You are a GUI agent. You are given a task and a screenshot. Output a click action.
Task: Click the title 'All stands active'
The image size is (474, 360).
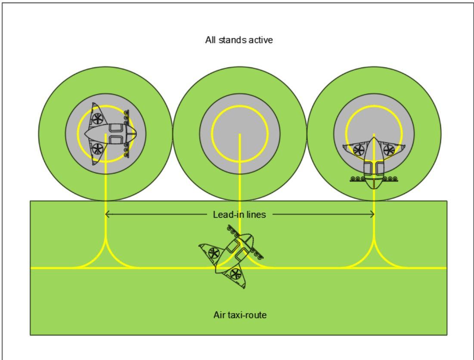[x=239, y=40]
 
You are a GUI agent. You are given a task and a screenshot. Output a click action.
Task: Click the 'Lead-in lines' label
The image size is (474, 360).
[x=239, y=215]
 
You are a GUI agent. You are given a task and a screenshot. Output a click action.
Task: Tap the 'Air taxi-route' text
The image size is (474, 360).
[x=240, y=315]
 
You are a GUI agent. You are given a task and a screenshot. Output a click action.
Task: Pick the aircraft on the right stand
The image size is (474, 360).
[x=374, y=163]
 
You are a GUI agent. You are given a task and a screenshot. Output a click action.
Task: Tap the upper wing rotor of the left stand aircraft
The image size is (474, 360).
[x=97, y=119]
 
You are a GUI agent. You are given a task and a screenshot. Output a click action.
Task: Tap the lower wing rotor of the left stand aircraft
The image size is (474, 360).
[x=97, y=149]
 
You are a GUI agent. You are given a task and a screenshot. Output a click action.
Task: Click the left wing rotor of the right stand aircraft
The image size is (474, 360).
[x=359, y=150]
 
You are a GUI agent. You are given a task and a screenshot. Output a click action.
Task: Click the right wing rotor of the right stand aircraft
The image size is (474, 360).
[x=389, y=150]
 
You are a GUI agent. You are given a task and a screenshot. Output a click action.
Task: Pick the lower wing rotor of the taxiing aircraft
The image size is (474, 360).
[x=235, y=274]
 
